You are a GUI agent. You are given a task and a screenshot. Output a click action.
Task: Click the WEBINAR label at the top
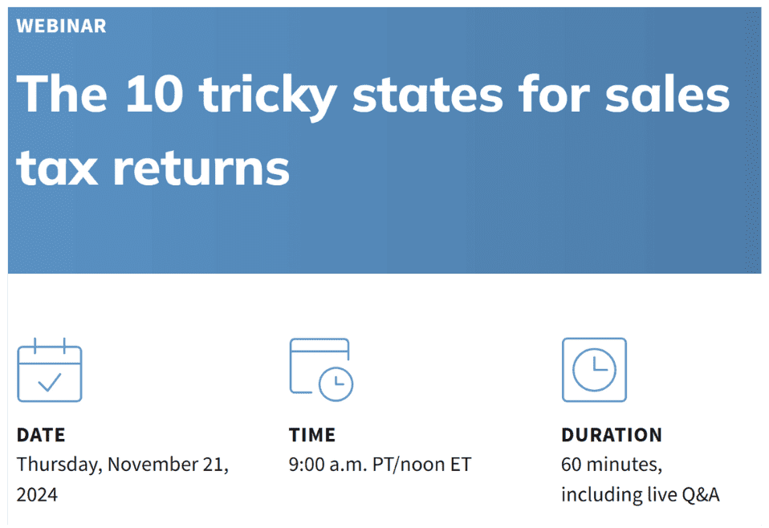[x=61, y=26]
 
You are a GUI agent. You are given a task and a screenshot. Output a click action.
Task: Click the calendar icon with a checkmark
[x=50, y=370]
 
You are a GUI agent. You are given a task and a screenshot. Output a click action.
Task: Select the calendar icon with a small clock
[x=321, y=370]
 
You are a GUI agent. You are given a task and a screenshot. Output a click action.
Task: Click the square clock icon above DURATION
[x=594, y=370]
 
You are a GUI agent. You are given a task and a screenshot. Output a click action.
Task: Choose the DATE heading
[x=41, y=436]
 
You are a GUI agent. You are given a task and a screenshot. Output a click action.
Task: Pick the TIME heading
[x=312, y=436]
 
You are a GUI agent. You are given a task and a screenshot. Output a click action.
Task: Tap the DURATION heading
[x=612, y=436]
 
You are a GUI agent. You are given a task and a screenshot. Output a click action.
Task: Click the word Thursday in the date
[x=59, y=465]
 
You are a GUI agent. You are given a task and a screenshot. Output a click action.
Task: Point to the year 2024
[x=37, y=494]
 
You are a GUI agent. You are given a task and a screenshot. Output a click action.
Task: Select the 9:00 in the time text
[x=307, y=465]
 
